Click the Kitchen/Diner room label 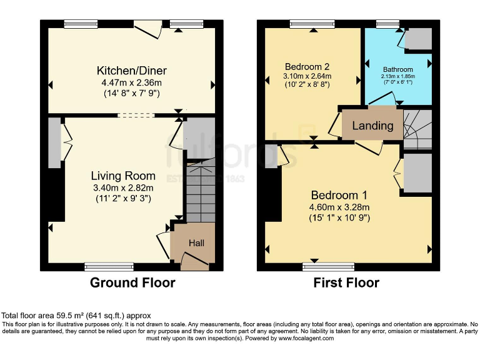(131, 70)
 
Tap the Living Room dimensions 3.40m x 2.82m (123, 187)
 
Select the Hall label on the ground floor (197, 242)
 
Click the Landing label (372, 125)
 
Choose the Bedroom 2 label (307, 67)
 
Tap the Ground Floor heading (132, 282)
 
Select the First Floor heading (346, 282)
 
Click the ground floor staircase (200, 187)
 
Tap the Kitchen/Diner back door (147, 27)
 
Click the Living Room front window (109, 267)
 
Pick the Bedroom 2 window (311, 24)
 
